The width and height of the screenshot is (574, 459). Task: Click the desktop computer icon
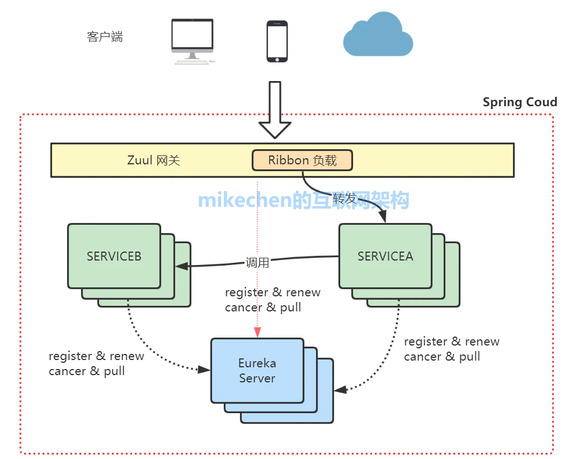(x=192, y=41)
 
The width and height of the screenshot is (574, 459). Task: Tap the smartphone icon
(x=277, y=41)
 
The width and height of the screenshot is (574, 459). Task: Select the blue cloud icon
(x=378, y=35)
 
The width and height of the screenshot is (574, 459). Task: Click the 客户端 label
(x=105, y=37)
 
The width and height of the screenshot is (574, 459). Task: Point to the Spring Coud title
(x=520, y=102)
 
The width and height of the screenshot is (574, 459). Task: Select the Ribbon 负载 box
(x=302, y=160)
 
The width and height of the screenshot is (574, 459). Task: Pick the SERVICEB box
(x=114, y=257)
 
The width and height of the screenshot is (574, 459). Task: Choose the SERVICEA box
(x=385, y=257)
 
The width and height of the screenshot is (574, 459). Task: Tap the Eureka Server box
(x=257, y=371)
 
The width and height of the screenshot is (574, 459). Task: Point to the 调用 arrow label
(x=257, y=263)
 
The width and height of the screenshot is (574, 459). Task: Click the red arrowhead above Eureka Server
(x=257, y=333)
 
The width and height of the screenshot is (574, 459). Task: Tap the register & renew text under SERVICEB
(x=96, y=356)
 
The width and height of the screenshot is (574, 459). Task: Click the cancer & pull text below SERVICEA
(x=442, y=357)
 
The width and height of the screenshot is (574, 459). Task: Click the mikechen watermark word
(x=245, y=200)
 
